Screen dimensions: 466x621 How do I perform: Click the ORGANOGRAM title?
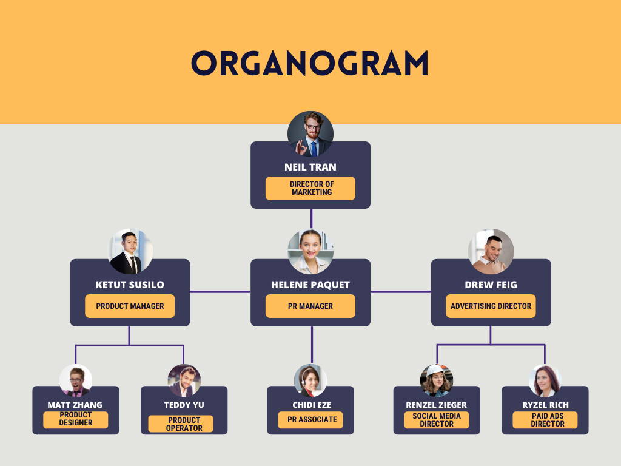[x=310, y=62]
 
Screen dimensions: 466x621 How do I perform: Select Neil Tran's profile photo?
[x=310, y=134]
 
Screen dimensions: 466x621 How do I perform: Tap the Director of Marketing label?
[x=310, y=188]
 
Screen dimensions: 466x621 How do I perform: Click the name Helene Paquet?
[x=310, y=285]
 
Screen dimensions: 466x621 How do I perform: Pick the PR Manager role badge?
[x=310, y=306]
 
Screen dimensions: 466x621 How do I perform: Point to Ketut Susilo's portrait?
[x=130, y=252]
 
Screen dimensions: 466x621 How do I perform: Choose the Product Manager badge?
[x=130, y=306]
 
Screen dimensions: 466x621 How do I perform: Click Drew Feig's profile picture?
[x=491, y=252]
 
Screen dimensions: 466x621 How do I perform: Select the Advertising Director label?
[x=491, y=306]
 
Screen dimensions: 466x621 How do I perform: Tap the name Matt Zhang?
[x=75, y=405]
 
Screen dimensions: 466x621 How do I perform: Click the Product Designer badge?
[x=76, y=419]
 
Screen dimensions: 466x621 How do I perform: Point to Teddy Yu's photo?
[x=184, y=380]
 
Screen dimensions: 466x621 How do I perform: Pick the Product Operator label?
[x=184, y=424]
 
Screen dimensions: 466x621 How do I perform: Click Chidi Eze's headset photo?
[x=310, y=380]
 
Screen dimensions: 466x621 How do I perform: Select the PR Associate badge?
[x=310, y=419]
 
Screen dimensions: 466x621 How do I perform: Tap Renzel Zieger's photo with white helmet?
[x=437, y=380]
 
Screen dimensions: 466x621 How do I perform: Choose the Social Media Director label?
[x=437, y=420]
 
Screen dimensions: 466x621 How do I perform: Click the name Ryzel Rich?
[x=545, y=405]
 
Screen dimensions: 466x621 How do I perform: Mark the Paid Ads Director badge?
[x=545, y=420]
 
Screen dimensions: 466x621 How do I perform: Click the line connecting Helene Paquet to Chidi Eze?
[x=312, y=346]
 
